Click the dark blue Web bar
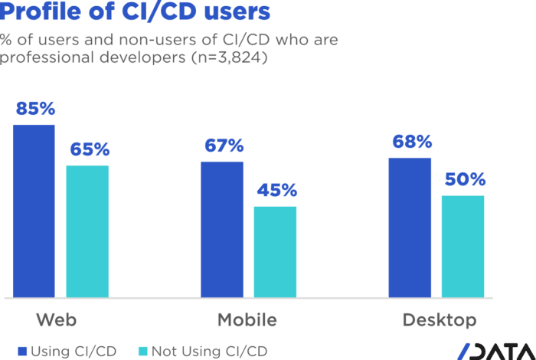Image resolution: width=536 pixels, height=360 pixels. (x=34, y=210)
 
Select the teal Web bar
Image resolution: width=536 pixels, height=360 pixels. (x=87, y=231)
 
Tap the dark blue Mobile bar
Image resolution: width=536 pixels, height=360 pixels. (x=222, y=228)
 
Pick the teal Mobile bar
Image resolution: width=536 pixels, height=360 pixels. (x=275, y=250)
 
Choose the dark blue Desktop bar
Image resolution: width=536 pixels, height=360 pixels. (x=410, y=227)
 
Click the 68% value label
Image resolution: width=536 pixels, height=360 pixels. (x=411, y=142)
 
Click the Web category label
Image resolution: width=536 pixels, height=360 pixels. (x=57, y=319)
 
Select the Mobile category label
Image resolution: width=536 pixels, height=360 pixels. (x=247, y=319)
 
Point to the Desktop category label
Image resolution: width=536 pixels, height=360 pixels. (x=439, y=319)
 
